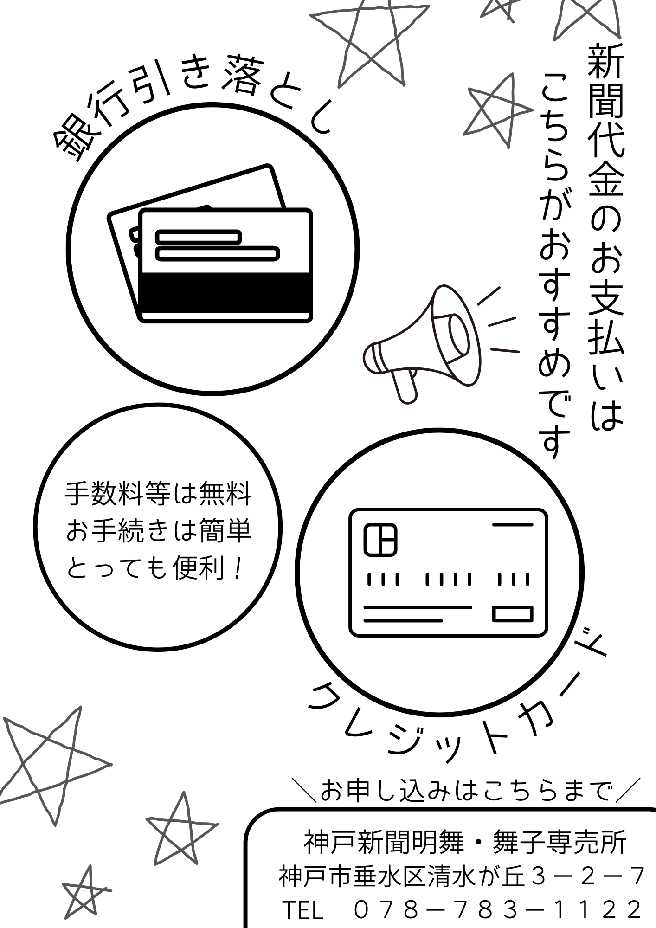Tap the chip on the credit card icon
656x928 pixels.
click(380, 539)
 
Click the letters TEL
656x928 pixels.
click(302, 910)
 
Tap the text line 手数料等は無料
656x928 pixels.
click(158, 494)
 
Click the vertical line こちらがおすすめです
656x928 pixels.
click(554, 264)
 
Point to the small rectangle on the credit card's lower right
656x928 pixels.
click(513, 613)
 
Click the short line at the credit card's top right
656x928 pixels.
click(513, 525)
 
